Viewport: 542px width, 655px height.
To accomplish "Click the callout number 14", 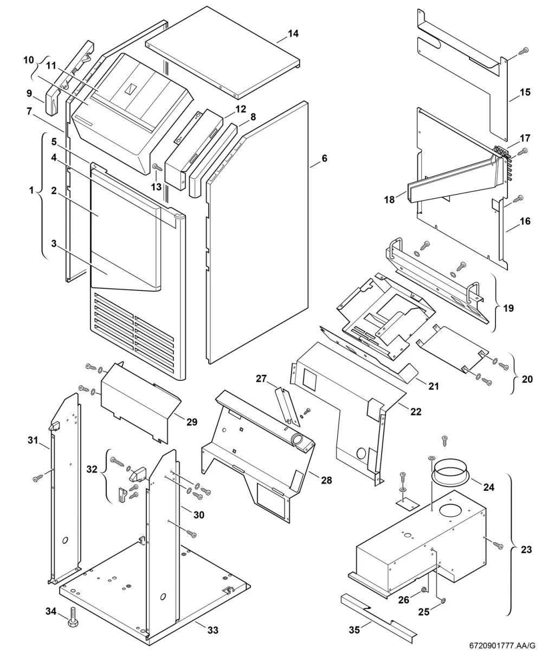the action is coord(293,34).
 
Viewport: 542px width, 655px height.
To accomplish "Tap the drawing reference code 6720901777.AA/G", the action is coord(502,646).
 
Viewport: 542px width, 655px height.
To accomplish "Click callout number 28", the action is coord(326,480).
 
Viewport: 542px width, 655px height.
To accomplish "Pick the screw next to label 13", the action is coord(157,167).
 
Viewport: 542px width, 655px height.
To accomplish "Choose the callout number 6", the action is coord(324,158).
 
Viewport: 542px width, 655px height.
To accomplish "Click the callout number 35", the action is coord(354,630).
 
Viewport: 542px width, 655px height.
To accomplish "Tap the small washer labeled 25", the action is coord(444,601).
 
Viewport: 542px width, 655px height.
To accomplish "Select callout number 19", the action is coord(508,308).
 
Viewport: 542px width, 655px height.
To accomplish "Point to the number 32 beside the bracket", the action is coord(92,469).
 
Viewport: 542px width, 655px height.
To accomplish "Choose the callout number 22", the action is coord(416,412).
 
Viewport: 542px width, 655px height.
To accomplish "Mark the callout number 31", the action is coord(33,440).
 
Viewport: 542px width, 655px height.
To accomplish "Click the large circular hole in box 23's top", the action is coord(450,510).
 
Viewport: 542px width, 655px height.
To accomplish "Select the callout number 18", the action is coord(389,199).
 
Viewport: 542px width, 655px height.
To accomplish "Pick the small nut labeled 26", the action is coord(424,589).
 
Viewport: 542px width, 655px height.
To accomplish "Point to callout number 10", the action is coord(29,60).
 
